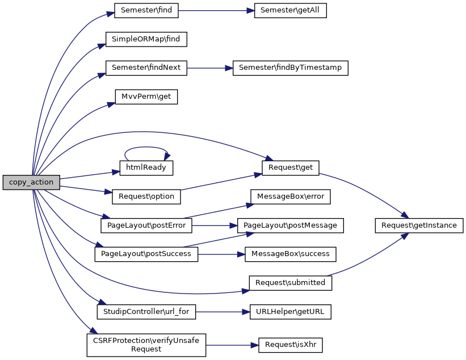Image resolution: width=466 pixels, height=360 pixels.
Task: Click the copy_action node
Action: point(31,182)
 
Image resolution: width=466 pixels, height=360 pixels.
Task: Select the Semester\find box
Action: point(146,10)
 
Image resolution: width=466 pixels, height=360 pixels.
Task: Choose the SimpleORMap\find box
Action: point(146,39)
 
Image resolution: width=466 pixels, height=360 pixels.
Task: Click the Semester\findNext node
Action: point(146,68)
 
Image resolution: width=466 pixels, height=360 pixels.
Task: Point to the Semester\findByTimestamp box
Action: point(291,68)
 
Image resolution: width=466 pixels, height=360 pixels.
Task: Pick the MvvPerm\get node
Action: point(146,97)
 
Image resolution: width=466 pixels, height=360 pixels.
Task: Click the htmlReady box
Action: point(146,168)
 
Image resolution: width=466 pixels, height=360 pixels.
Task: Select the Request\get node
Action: point(291,168)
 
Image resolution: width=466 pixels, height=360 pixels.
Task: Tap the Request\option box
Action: point(146,196)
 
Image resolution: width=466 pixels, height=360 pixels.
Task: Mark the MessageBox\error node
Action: point(291,196)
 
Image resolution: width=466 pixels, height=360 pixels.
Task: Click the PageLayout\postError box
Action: point(146,225)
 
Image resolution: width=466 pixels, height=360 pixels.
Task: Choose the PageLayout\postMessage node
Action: point(291,225)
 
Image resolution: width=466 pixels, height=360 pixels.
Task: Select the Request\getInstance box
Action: point(419,225)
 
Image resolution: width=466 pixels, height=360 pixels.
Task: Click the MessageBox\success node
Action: point(291,254)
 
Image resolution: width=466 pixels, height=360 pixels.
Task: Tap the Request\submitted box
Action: point(291,283)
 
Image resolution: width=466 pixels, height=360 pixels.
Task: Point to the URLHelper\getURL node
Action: point(291,311)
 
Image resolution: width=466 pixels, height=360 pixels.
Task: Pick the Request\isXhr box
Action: point(291,345)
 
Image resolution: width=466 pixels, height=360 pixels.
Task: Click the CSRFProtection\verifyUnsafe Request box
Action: point(146,345)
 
